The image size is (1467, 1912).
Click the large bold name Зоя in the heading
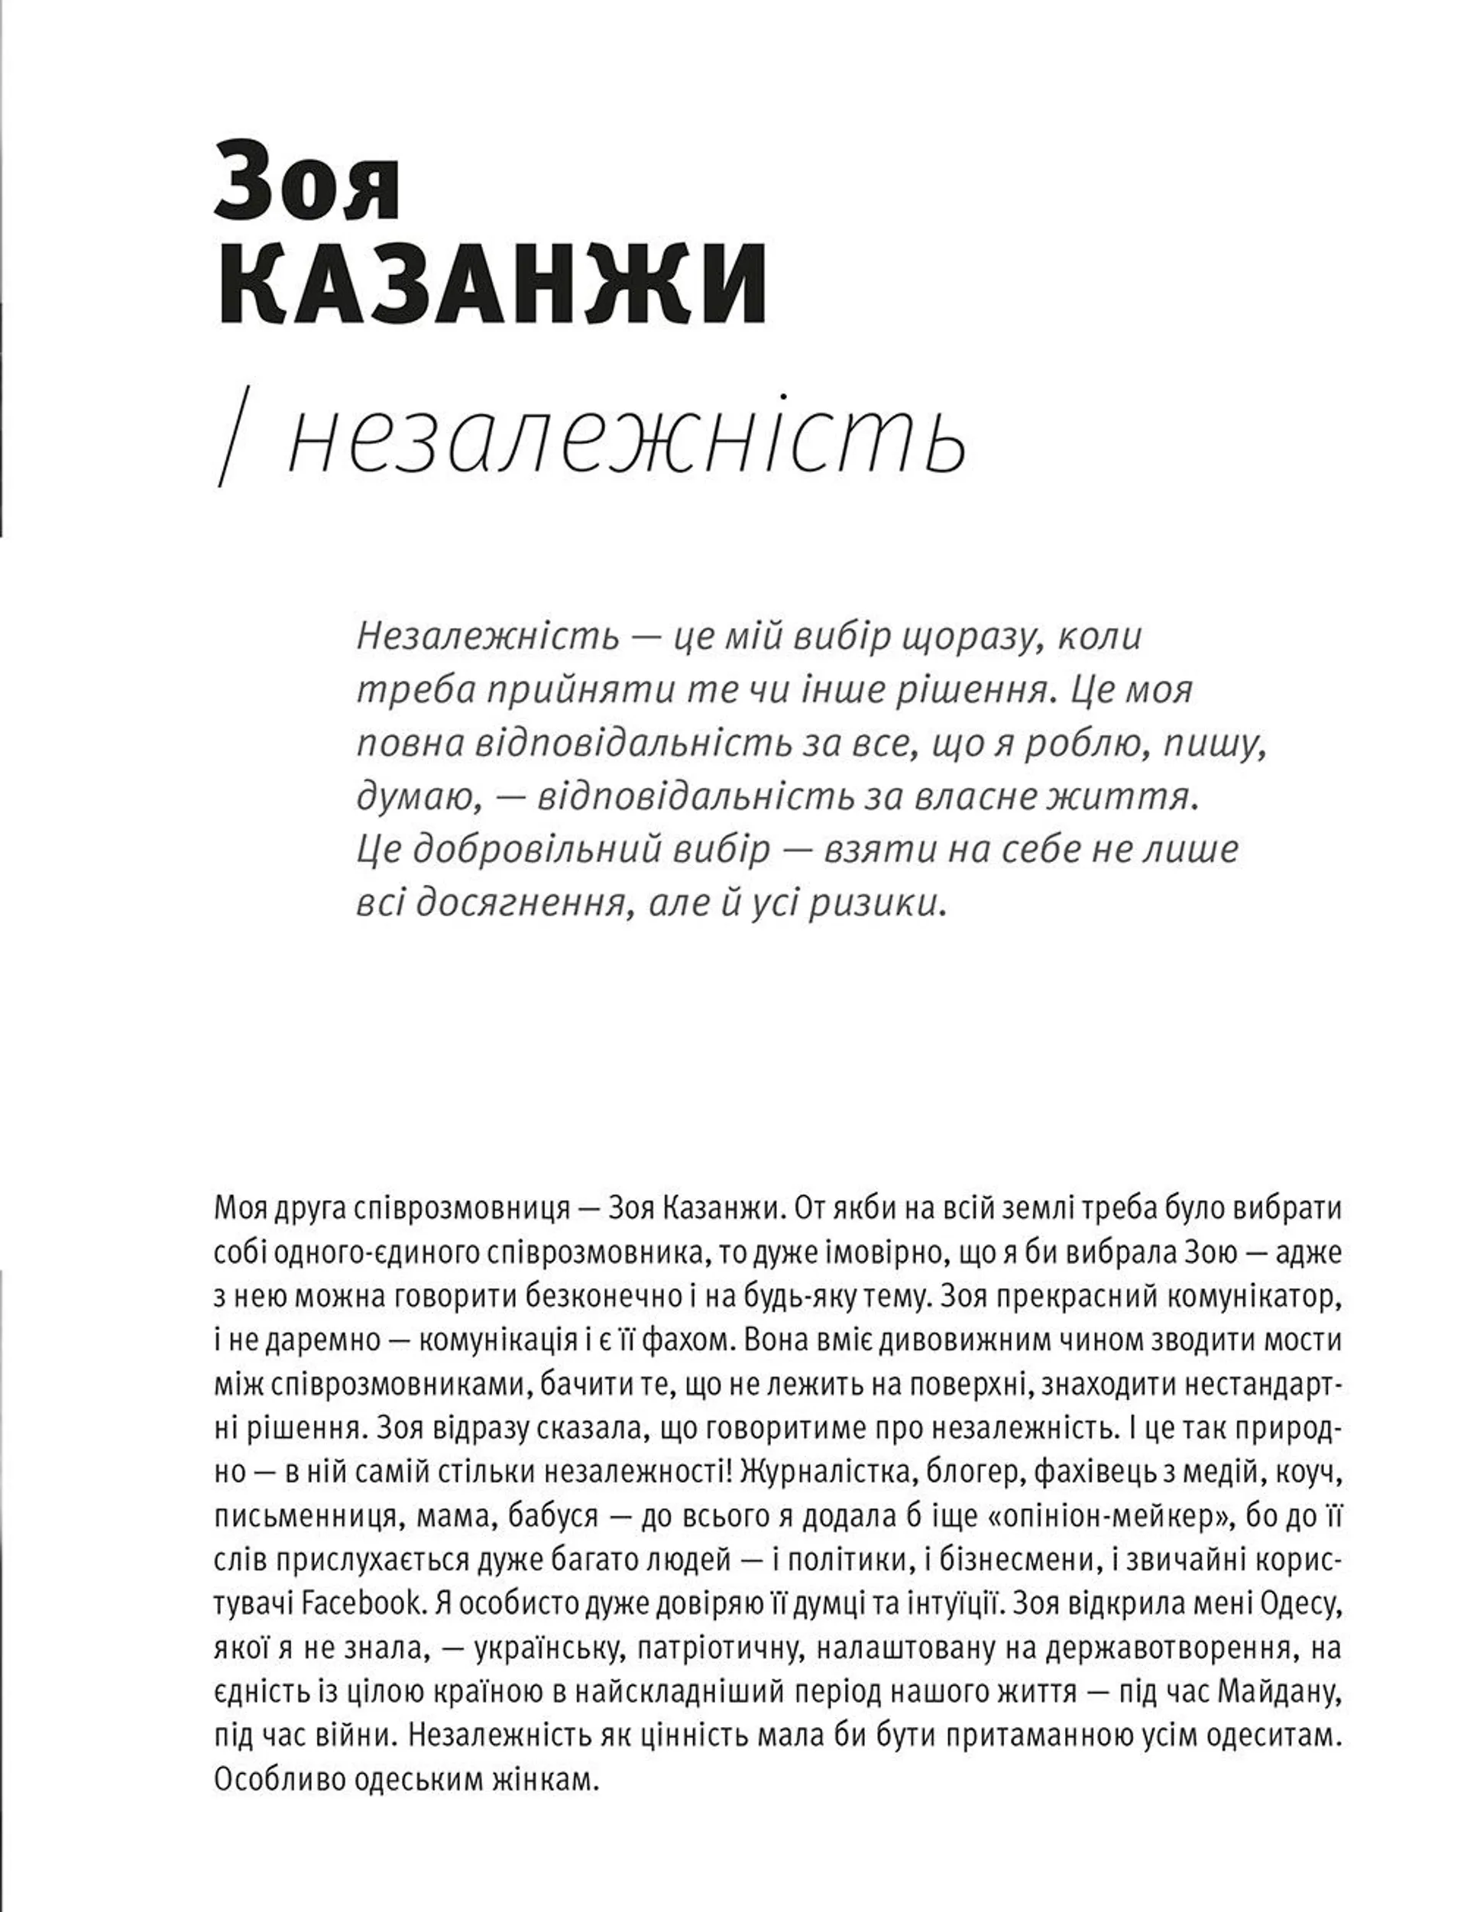coord(307,187)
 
